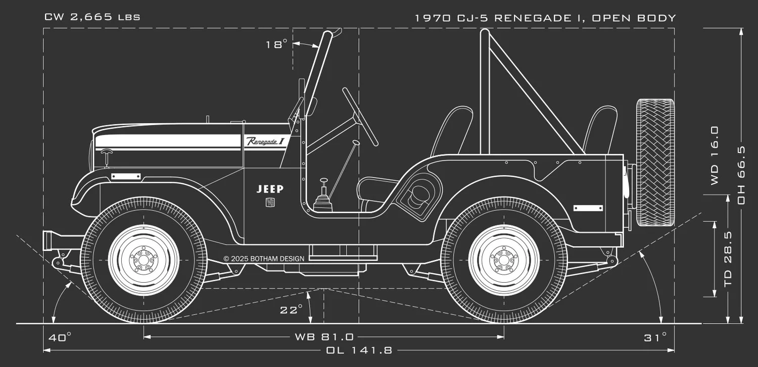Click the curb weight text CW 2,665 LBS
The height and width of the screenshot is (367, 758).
pyautogui.click(x=92, y=17)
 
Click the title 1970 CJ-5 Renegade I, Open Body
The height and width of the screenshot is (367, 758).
pyautogui.click(x=545, y=18)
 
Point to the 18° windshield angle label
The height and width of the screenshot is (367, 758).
pyautogui.click(x=276, y=44)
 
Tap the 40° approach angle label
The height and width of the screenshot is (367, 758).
pyautogui.click(x=60, y=337)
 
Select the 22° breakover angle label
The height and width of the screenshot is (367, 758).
pyautogui.click(x=291, y=309)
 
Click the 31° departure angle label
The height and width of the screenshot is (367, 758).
pyautogui.click(x=655, y=337)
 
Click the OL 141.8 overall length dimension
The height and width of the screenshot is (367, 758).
pyautogui.click(x=359, y=350)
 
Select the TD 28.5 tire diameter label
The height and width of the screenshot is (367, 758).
pyautogui.click(x=728, y=259)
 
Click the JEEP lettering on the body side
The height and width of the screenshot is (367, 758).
pyautogui.click(x=270, y=189)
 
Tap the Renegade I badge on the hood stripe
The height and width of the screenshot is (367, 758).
pyautogui.click(x=265, y=141)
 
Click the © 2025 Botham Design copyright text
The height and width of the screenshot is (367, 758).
pyautogui.click(x=264, y=259)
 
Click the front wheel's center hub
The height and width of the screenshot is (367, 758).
pyautogui.click(x=144, y=260)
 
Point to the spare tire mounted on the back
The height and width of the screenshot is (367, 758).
pyautogui.click(x=655, y=163)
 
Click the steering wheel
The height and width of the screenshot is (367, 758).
pyautogui.click(x=360, y=116)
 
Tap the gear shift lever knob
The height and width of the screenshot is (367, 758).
pyautogui.click(x=323, y=180)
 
